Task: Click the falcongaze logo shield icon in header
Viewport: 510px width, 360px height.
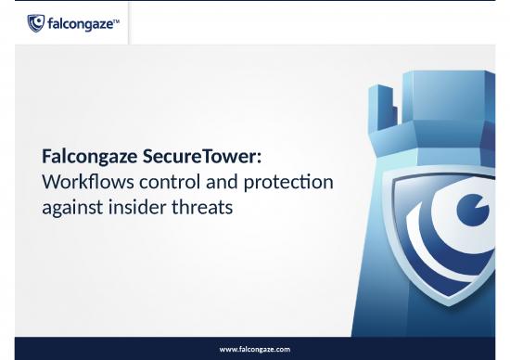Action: click(35, 23)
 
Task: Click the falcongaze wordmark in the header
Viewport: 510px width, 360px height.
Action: click(78, 23)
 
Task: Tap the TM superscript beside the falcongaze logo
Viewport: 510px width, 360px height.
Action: click(116, 19)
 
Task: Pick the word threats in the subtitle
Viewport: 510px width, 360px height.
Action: click(201, 207)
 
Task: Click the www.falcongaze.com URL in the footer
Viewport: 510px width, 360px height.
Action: click(254, 349)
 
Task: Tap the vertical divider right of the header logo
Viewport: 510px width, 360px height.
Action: click(128, 22)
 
